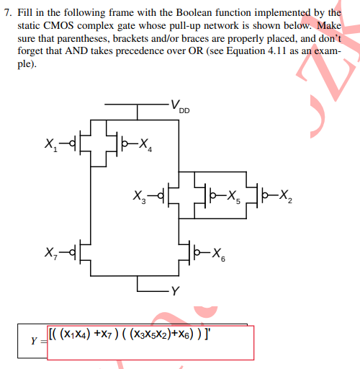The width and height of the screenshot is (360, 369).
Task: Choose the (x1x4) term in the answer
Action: click(74, 334)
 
